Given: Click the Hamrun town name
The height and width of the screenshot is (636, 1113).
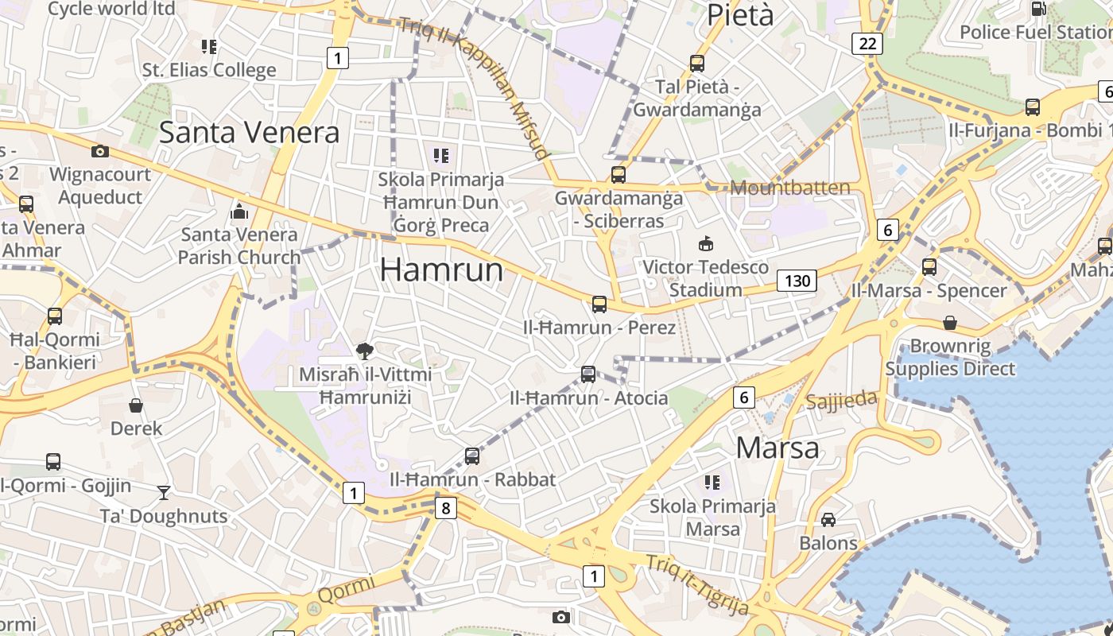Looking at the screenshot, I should coord(441,270).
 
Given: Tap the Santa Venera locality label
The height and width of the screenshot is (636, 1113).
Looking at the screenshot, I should coord(249,132).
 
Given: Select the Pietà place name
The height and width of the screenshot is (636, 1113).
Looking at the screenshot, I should coord(739,15).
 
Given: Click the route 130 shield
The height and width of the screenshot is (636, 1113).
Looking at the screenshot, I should coord(797,281).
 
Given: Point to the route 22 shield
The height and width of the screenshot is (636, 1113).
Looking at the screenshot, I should coord(867,43).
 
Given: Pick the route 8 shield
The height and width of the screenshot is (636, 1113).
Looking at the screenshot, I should coord(446,508).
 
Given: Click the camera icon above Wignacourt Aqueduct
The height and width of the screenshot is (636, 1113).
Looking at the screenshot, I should coord(100,151).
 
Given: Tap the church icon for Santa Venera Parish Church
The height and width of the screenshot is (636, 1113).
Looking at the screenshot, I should coord(238,211).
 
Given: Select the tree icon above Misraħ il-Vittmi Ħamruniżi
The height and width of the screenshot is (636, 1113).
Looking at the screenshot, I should coord(365,350).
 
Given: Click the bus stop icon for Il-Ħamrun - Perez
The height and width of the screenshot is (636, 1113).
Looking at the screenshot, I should coord(599,304).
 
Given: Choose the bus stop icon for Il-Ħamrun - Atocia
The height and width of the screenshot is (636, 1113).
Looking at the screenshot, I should coord(588,374).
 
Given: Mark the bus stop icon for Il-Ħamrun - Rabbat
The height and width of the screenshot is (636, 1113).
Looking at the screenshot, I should coord(472,456).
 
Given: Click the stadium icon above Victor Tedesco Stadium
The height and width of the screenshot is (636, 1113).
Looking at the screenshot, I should coord(705,243).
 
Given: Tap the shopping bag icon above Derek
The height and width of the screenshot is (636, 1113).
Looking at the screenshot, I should coord(136,405).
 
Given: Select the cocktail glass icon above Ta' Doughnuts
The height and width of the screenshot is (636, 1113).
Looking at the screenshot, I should coord(164,493).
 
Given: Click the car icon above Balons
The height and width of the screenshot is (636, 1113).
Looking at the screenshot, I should coord(828,520).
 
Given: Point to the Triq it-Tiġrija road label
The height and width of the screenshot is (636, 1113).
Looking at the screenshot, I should coord(697,585).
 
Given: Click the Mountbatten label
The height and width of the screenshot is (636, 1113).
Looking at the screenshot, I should coord(789,188).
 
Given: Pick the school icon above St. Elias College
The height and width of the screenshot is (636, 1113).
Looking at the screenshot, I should coord(209,47).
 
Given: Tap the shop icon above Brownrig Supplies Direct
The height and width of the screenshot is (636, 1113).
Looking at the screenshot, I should coord(950,323).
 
